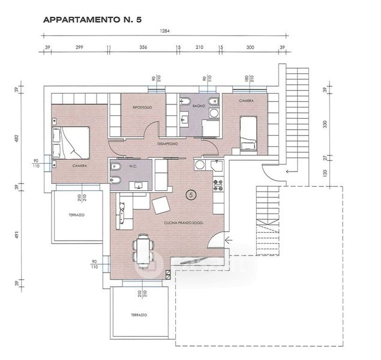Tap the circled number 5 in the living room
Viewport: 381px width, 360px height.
[191, 194]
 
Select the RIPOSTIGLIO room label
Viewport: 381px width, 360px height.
[142, 107]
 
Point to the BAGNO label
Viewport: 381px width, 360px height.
[200, 106]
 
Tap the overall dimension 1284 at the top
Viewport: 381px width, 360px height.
[163, 31]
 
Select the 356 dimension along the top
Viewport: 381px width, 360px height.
[143, 46]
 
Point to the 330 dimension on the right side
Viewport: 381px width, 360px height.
[325, 124]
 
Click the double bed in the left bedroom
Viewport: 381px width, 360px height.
[71, 143]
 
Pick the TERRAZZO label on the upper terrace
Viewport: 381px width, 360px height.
[76, 214]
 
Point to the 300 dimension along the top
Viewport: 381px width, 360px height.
[250, 46]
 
